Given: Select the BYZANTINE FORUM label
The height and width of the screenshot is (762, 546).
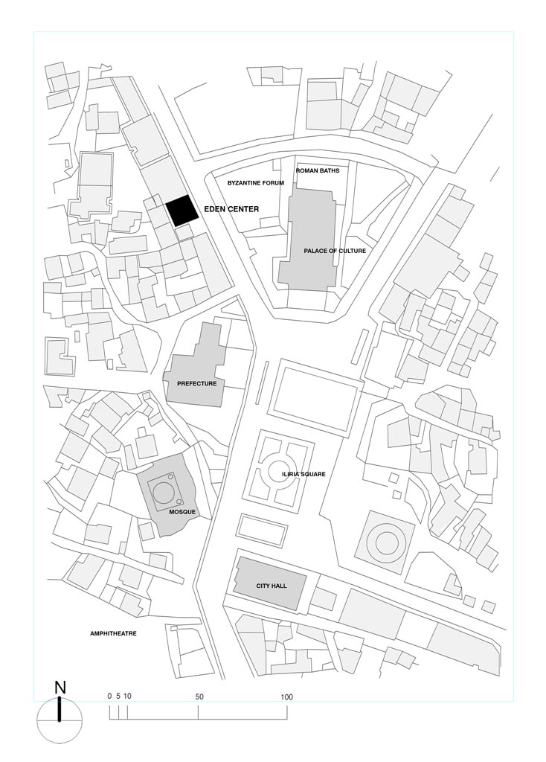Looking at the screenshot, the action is click(255, 183).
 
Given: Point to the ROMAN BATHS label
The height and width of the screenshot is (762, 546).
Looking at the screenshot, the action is click(318, 171).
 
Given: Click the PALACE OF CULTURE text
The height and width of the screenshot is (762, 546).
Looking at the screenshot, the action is click(335, 251).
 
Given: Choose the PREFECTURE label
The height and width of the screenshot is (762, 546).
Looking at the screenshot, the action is click(196, 383).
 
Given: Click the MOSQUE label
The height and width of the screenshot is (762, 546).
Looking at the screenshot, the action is click(182, 512).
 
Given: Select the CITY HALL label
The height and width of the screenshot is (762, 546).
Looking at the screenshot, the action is click(272, 586).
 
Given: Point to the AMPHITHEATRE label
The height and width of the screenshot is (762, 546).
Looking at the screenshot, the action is click(113, 634).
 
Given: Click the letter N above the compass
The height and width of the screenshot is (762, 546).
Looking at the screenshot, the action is click(60, 688).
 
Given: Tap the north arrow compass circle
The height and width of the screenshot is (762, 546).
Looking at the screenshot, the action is click(60, 720).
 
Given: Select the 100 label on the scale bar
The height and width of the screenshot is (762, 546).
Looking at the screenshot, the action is click(286, 697).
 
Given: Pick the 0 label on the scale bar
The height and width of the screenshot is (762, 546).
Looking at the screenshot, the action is click(110, 696).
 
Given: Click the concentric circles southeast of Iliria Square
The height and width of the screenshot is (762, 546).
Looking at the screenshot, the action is click(385, 542).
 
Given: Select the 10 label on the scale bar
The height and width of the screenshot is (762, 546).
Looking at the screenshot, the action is click(127, 696).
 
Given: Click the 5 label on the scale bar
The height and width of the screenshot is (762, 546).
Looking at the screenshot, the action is click(118, 696).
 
